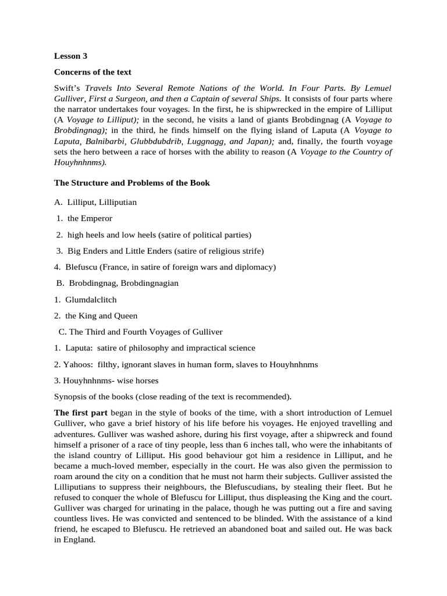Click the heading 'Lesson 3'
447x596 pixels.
point(70,56)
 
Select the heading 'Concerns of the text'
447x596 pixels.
point(93,72)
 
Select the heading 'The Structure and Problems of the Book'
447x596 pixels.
point(132,183)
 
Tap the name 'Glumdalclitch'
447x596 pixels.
point(91,300)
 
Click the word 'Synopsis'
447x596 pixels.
point(72,397)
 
